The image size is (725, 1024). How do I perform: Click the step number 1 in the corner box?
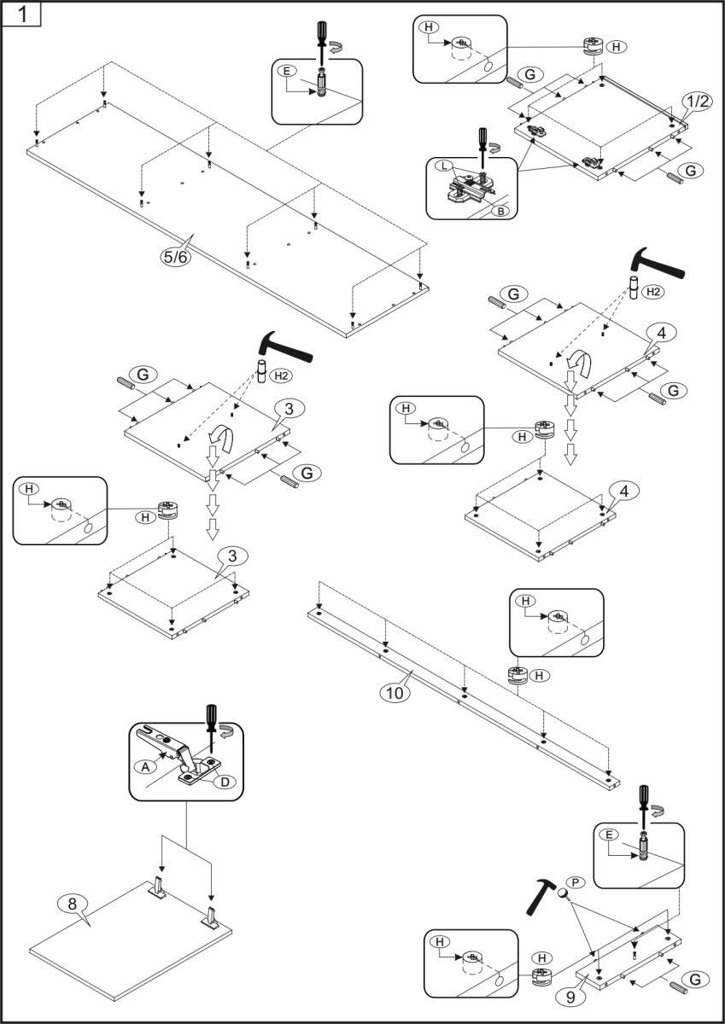click(21, 15)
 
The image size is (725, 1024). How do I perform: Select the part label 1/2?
click(697, 102)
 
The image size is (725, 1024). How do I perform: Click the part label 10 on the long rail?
click(394, 693)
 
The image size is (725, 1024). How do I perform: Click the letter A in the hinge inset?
click(145, 767)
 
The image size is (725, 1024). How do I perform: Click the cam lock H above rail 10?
click(517, 677)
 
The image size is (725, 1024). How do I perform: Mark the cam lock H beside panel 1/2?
click(592, 47)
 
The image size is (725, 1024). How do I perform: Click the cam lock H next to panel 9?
click(540, 978)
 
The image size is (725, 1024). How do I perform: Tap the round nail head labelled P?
click(564, 892)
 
